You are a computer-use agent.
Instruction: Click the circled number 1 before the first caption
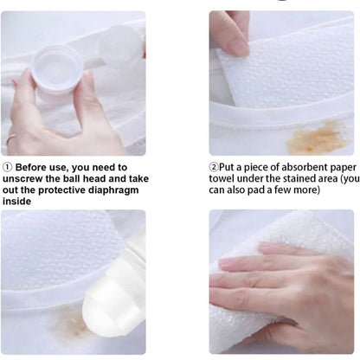click(8, 167)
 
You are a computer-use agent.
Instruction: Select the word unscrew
click(29, 178)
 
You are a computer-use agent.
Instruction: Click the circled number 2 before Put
click(214, 167)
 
